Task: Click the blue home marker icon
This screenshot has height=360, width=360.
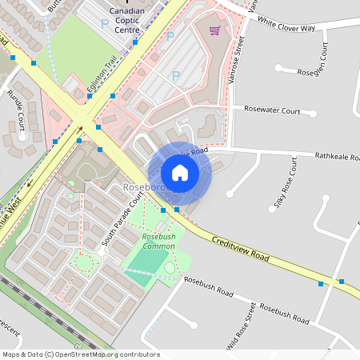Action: tap(180, 172)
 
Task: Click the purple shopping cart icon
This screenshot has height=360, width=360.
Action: tap(214, 31)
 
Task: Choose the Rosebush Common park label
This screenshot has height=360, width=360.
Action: tap(158, 242)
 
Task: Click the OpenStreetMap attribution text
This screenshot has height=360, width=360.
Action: tap(80, 354)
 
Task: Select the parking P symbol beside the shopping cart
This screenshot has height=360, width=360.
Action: tap(170, 36)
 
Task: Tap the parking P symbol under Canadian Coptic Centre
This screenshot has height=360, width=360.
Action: tap(104, 24)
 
